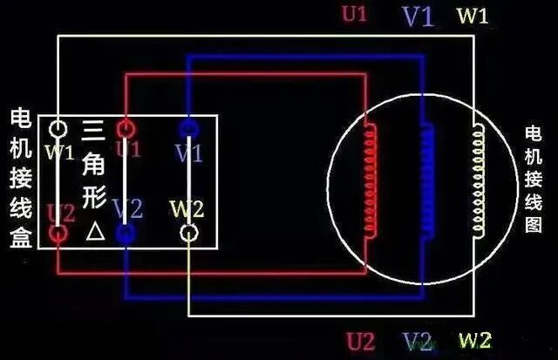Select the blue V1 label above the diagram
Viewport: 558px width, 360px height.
[417, 17]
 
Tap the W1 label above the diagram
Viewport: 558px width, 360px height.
[473, 17]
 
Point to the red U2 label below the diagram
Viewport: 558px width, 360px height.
[360, 340]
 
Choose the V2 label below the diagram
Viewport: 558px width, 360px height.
[418, 341]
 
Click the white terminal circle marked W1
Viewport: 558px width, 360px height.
[59, 129]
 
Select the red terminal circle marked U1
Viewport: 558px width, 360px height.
[125, 128]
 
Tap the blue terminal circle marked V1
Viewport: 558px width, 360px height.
[188, 128]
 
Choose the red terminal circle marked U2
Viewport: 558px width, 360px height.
[59, 234]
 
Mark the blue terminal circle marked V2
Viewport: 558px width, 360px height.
[125, 234]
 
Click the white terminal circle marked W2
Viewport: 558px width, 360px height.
[188, 234]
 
